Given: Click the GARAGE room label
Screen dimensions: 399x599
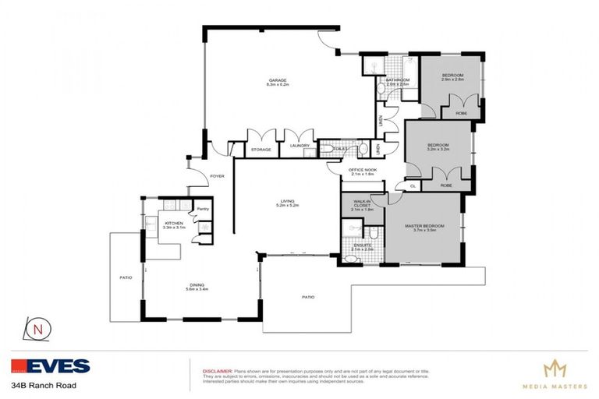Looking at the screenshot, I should [278, 80].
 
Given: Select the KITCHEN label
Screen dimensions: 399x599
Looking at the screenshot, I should [173, 224].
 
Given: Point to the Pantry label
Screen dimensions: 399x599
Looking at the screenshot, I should [202, 209].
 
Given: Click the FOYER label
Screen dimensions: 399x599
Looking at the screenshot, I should [217, 176].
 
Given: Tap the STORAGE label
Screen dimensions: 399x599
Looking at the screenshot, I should [261, 150].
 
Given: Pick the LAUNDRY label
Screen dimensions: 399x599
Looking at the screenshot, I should [300, 146].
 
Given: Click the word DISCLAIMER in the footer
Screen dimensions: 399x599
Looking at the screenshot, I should [217, 371].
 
